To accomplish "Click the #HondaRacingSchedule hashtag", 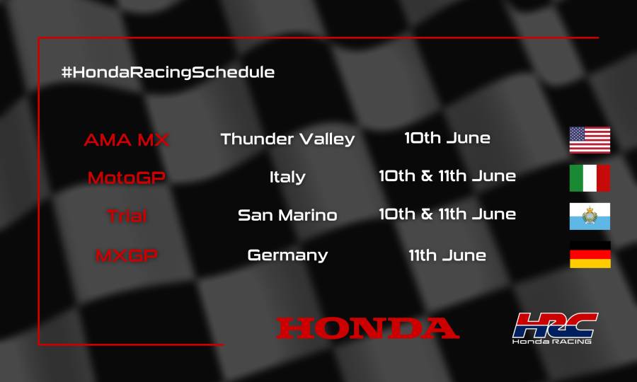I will [x=168, y=72].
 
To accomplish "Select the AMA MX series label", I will [x=126, y=139].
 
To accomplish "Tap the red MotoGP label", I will [x=126, y=178].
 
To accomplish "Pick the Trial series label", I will [x=127, y=216].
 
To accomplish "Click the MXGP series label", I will [x=126, y=255].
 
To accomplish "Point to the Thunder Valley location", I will [x=287, y=139].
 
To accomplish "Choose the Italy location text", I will [x=287, y=177].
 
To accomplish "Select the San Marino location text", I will [x=287, y=215].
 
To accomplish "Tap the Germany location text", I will [x=287, y=255].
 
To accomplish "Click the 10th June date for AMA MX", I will [x=447, y=138].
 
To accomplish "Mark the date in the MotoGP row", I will [x=447, y=176].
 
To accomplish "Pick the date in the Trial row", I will [x=447, y=214].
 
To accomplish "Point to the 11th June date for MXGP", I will [x=447, y=255].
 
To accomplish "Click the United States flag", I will [x=590, y=140].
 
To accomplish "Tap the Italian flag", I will [x=590, y=178].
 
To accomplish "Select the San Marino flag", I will [x=590, y=216].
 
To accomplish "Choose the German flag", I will [x=590, y=255].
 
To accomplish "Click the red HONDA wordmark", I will [x=367, y=328].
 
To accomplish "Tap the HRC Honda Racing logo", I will [x=555, y=328].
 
